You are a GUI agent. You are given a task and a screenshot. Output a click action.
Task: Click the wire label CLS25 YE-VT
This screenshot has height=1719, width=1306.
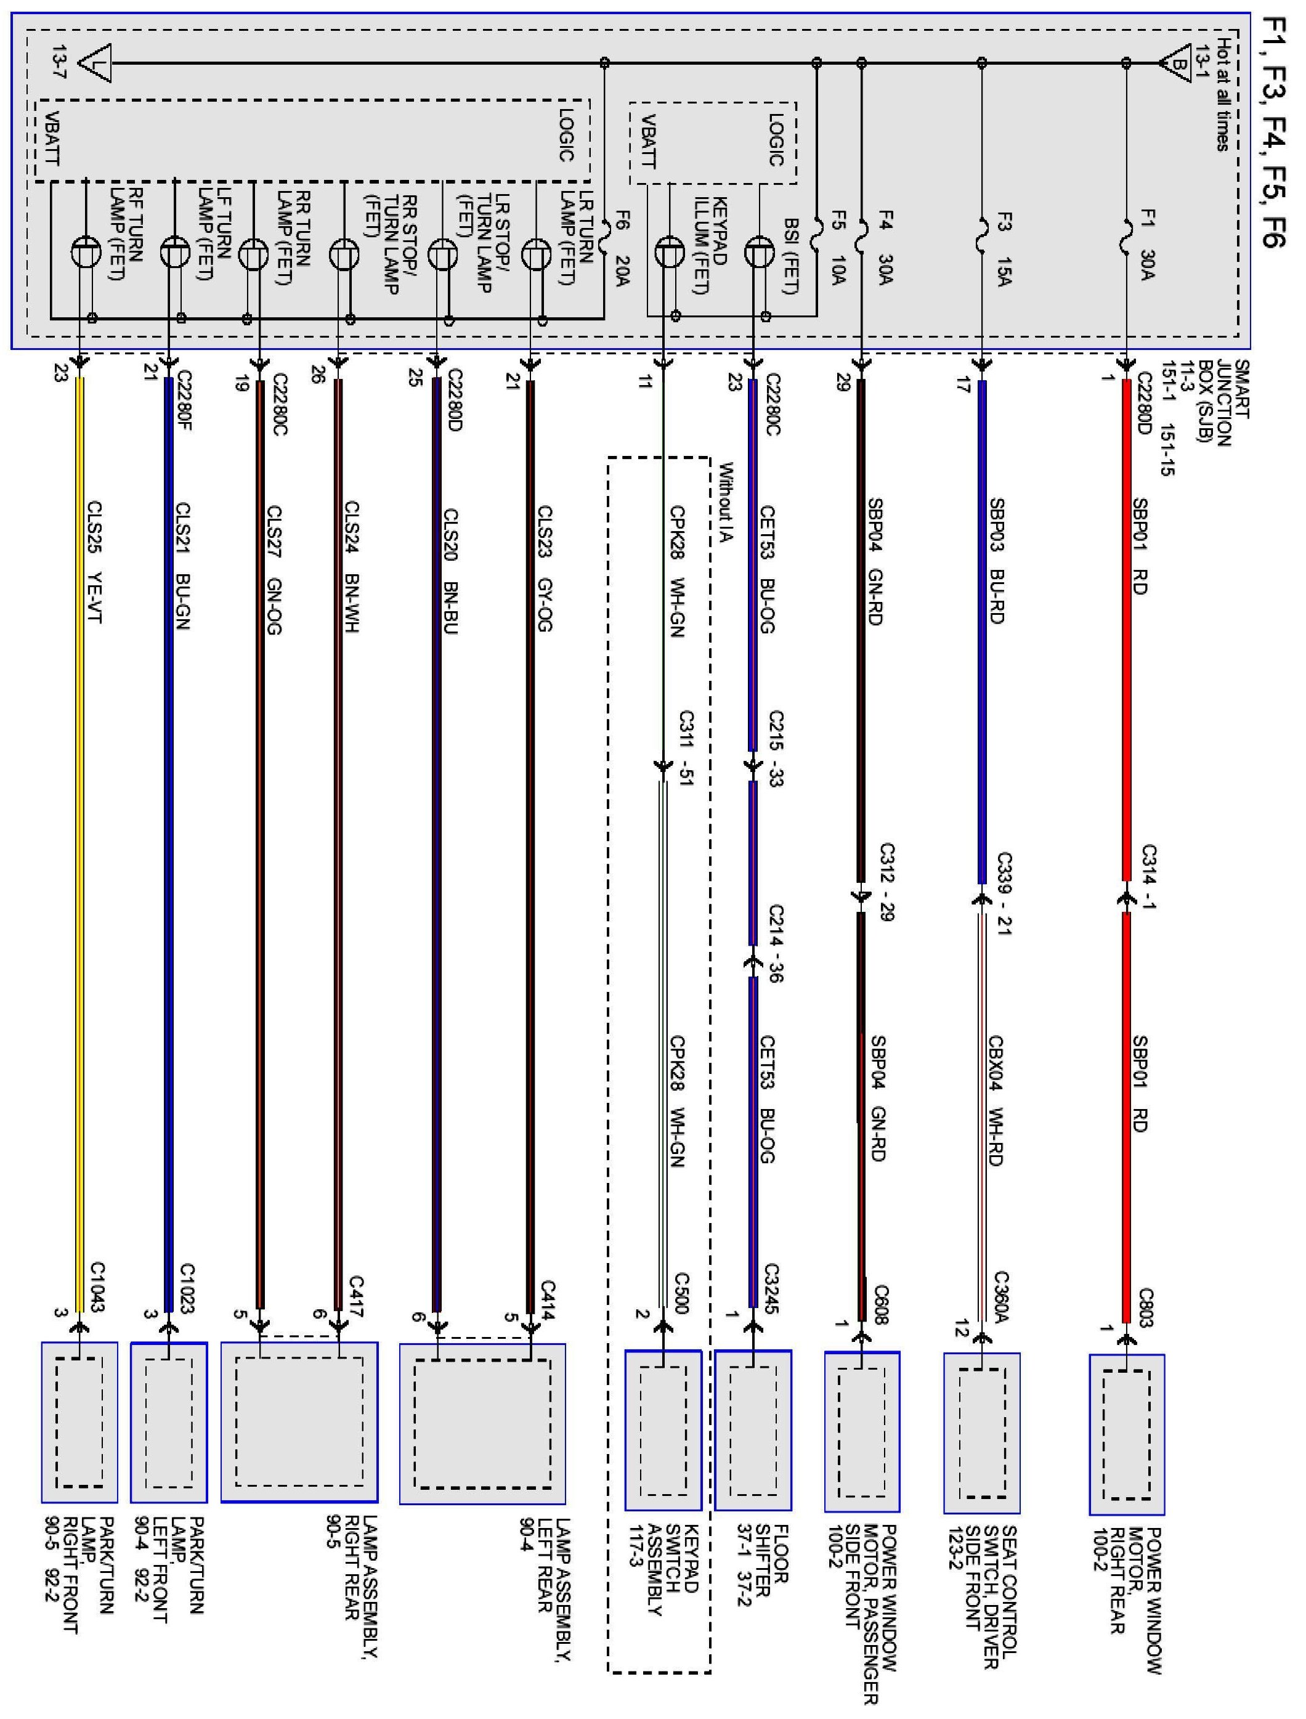[95, 561]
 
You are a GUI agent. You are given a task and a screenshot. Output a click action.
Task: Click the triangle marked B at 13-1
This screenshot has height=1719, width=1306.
[1176, 65]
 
